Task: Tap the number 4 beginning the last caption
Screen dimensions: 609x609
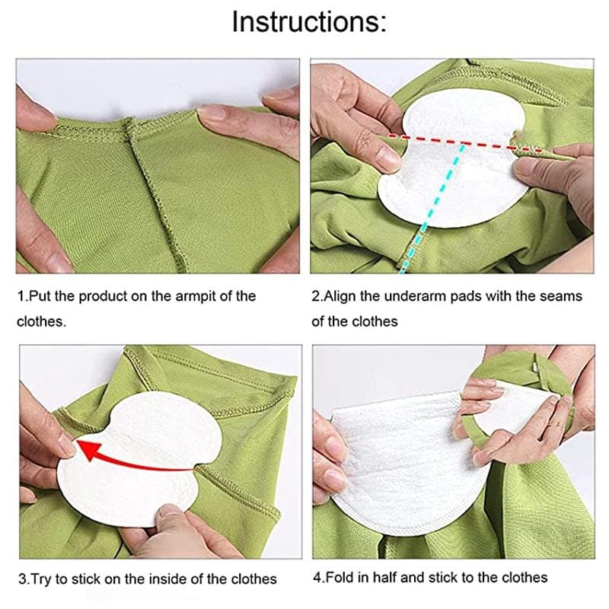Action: [317, 577]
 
